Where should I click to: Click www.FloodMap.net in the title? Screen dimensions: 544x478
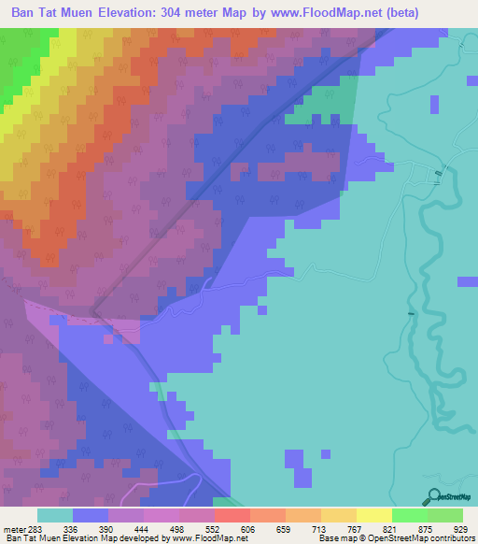click(320, 13)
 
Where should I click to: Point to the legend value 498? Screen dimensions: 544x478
click(194, 530)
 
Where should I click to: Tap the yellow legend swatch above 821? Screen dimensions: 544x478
click(373, 516)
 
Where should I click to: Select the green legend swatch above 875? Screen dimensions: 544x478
click(409, 516)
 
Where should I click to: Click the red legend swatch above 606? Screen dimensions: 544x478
click(232, 516)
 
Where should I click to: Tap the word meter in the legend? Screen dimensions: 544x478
click(16, 530)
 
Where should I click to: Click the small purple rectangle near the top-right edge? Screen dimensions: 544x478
click(433, 106)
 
